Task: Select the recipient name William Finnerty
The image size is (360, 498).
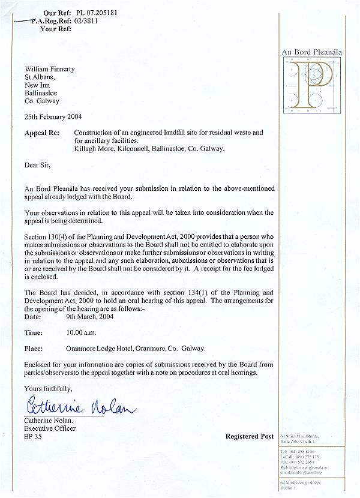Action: (x=50, y=69)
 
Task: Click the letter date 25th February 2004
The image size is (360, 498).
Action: (x=53, y=116)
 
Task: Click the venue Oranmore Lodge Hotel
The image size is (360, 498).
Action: (x=106, y=348)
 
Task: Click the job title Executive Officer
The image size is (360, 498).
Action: (x=50, y=428)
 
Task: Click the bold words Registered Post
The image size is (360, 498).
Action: (x=250, y=436)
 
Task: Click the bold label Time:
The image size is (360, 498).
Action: (x=34, y=332)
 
